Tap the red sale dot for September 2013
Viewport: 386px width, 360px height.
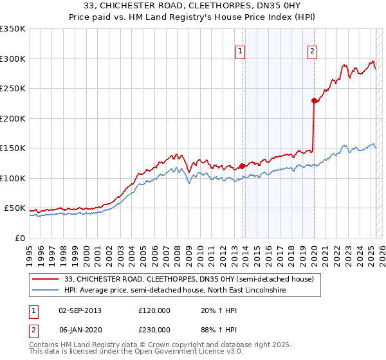[242, 166]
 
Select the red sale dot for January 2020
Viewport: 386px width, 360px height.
[314, 100]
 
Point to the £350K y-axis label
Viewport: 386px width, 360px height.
[13, 29]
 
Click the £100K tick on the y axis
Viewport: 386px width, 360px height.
[13, 178]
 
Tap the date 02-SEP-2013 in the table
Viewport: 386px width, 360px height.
[80, 310]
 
